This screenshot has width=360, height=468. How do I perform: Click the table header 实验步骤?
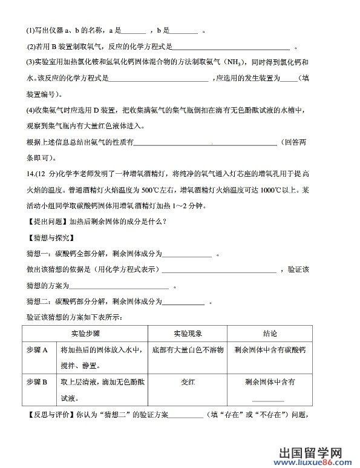point(85,334)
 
